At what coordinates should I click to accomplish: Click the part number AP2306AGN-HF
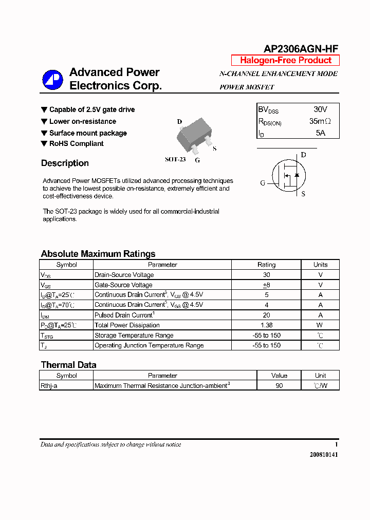coord(301,49)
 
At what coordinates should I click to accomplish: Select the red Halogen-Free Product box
coord(285,60)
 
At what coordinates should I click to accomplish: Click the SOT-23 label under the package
coord(175,159)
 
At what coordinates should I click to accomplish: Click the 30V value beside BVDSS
coord(320,109)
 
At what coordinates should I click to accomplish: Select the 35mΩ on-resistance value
coord(320,121)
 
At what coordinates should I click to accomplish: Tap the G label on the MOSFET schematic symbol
coord(263,183)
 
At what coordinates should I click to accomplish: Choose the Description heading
coord(65,163)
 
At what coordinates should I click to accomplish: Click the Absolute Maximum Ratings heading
coord(98,254)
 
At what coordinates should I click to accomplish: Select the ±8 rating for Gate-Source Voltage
coord(266,285)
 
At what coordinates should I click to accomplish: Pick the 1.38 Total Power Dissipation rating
coord(266,325)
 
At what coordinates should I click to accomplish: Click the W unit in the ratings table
coord(320,325)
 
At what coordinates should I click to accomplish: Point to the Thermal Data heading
coord(68,365)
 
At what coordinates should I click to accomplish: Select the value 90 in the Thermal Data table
coord(279,385)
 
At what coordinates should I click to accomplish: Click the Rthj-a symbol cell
coord(49,385)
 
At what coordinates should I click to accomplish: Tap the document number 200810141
coord(324,455)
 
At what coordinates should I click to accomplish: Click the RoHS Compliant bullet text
coord(76,144)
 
